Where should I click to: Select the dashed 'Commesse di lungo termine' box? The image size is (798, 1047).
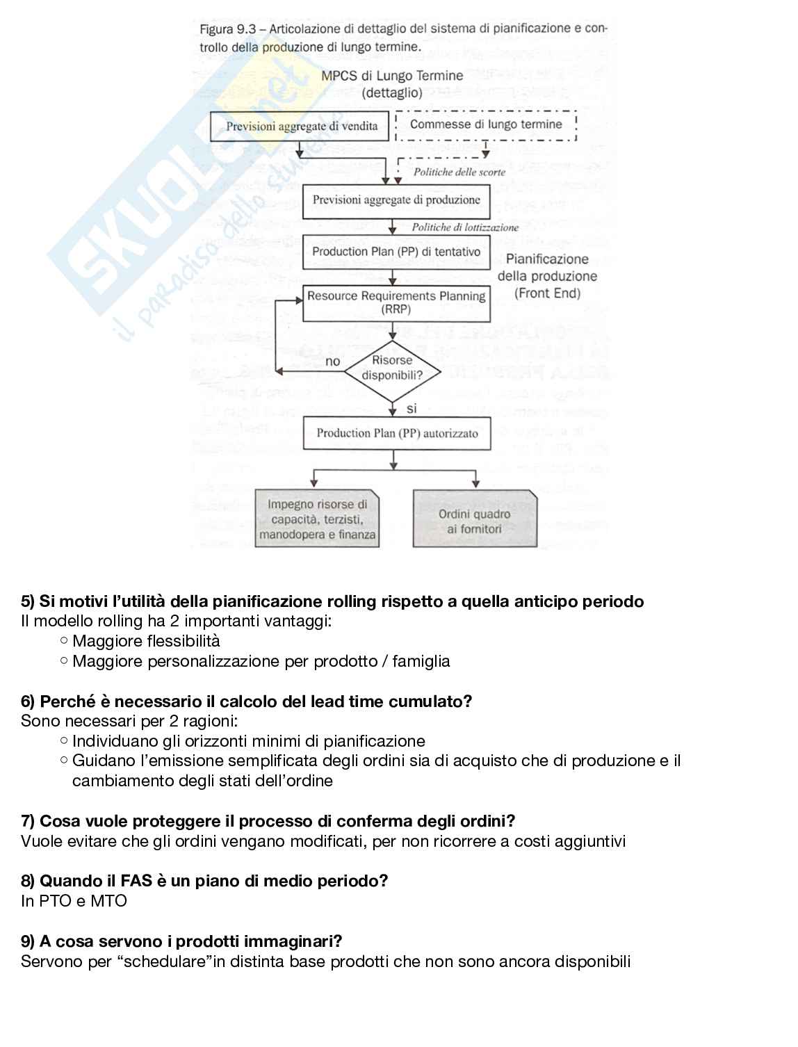click(x=486, y=124)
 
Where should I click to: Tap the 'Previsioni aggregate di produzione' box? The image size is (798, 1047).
click(x=396, y=200)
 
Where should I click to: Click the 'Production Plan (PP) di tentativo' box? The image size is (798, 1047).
click(x=396, y=252)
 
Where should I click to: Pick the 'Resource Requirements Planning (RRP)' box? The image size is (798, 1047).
click(x=396, y=303)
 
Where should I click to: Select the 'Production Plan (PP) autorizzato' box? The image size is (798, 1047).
click(x=397, y=433)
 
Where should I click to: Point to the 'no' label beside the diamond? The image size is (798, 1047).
click(x=333, y=362)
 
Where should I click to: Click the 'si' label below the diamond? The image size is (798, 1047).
click(x=412, y=409)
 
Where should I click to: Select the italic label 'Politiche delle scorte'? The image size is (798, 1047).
click(x=459, y=172)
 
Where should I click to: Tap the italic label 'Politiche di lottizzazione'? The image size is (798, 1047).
click(x=465, y=227)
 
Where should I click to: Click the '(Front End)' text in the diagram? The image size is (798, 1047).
click(x=547, y=293)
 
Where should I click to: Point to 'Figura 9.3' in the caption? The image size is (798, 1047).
click(x=225, y=29)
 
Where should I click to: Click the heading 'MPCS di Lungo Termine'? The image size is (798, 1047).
click(x=392, y=76)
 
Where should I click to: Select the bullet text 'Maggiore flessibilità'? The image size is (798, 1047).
click(x=146, y=641)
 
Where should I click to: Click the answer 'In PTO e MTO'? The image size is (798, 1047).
click(x=74, y=901)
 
